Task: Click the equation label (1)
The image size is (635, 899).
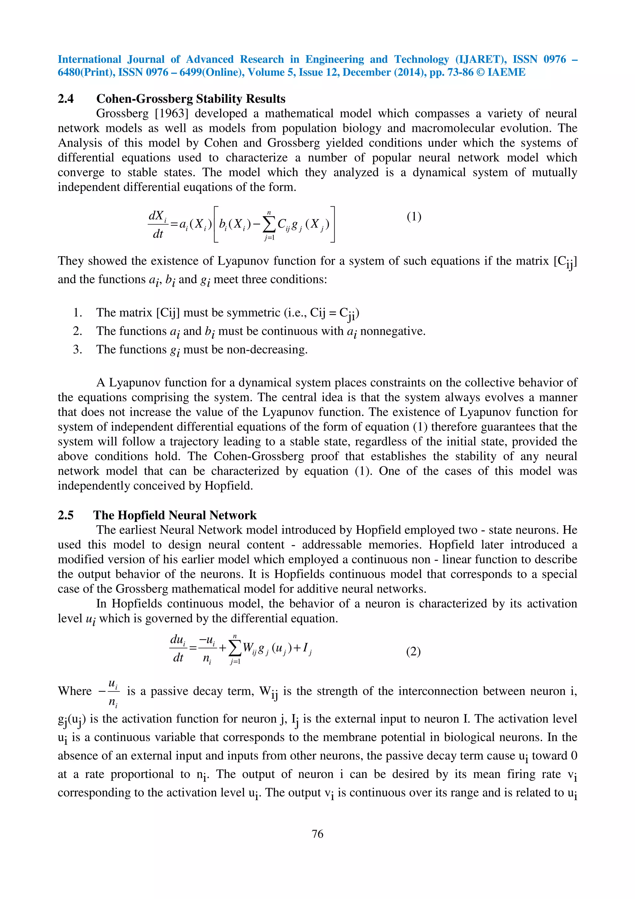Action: click(x=414, y=217)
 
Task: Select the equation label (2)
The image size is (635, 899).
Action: click(x=413, y=651)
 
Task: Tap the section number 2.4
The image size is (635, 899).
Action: click(x=66, y=99)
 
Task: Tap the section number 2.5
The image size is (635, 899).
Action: click(x=66, y=515)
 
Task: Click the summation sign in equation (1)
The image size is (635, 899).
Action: click(x=269, y=224)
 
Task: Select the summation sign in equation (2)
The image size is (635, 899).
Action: click(x=235, y=649)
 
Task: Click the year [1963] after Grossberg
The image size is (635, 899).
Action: click(x=172, y=114)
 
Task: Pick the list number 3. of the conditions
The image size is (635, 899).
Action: click(x=78, y=349)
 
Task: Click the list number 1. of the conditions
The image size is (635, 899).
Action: click(x=78, y=312)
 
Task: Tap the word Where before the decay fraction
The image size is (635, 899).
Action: click(x=75, y=691)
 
